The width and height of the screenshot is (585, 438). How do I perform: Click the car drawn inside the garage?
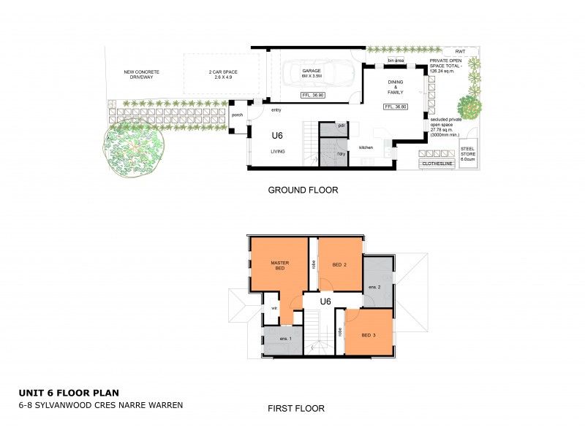tap(317, 73)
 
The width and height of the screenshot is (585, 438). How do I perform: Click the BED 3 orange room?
tap(369, 335)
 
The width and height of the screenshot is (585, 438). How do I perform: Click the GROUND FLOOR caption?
tap(303, 191)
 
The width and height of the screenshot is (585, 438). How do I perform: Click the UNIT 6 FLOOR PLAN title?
tap(64, 392)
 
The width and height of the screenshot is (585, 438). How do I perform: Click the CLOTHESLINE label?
tap(437, 164)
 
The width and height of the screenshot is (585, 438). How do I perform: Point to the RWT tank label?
tap(460, 52)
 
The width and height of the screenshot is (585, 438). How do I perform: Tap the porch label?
tap(237, 115)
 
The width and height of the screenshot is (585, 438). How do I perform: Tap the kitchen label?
tap(366, 147)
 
